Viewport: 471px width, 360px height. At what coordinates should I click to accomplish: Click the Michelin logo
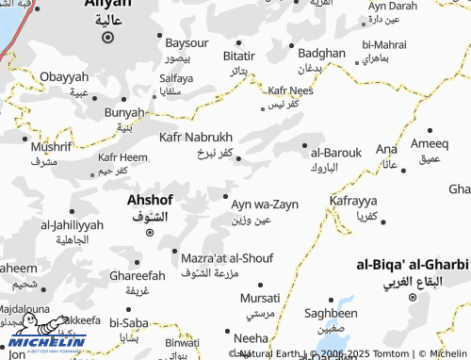pyautogui.click(x=47, y=335)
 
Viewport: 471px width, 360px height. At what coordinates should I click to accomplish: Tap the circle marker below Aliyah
pyautogui.click(x=107, y=39)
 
